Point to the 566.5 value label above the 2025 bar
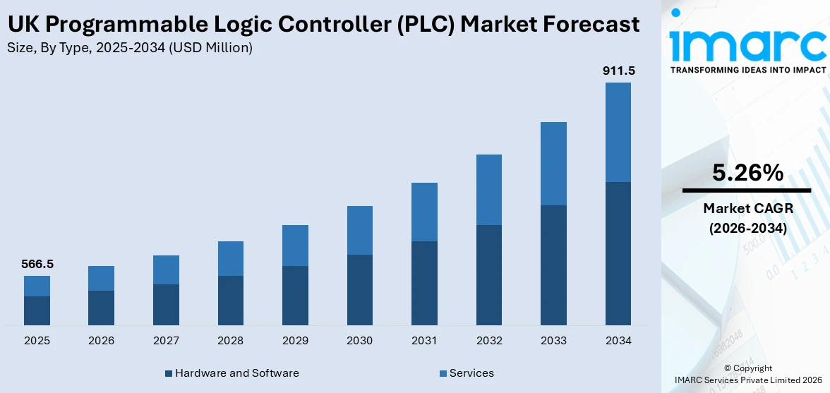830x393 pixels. pos(37,264)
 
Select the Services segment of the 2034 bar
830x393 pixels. pos(618,132)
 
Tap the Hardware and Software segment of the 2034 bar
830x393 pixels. pos(618,253)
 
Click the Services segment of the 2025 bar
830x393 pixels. pos(37,286)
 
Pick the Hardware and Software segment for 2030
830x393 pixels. pos(359,289)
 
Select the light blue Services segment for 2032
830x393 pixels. pos(488,190)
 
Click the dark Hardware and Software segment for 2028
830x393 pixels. pos(230,300)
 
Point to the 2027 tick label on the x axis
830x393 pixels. pos(166,341)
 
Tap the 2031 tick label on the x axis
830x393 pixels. pos(424,341)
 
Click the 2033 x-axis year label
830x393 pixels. pos(553,341)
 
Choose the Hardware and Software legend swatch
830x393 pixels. pos(168,373)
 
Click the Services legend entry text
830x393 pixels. pos(471,373)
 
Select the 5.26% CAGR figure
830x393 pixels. pos(747,173)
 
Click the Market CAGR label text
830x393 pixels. pos(747,208)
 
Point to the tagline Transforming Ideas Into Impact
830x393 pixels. pos(747,70)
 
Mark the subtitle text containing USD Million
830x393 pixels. pos(130,48)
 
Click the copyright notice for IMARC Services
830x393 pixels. pos(747,374)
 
